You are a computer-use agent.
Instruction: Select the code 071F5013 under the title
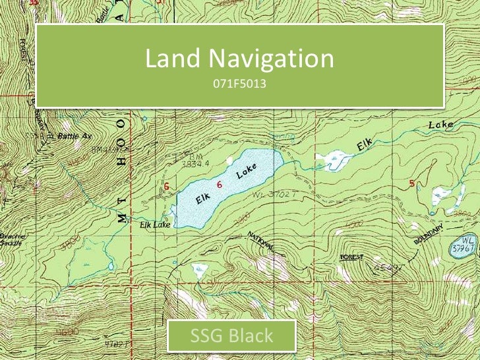point(239,84)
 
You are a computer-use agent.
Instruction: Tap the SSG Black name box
point(231,336)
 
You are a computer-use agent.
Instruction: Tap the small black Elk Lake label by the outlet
point(155,225)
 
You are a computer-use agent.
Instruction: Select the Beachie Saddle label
point(11,239)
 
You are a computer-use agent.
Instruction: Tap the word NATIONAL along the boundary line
point(262,241)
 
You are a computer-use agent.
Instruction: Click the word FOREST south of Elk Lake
point(351,256)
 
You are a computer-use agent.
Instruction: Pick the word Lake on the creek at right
point(440,124)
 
